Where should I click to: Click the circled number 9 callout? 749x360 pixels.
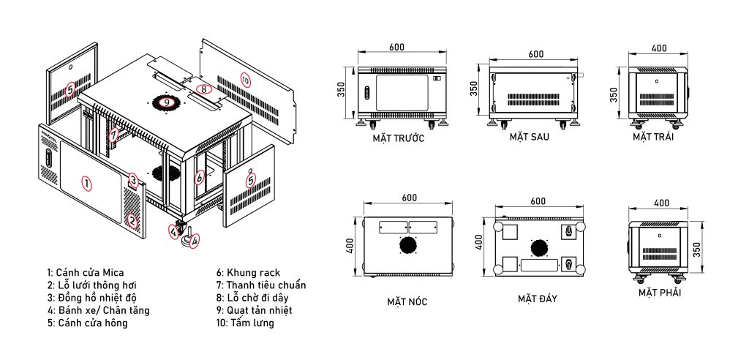166,102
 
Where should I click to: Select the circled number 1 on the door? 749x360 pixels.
86,183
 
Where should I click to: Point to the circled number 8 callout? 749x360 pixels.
204,89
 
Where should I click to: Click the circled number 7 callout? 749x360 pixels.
113,136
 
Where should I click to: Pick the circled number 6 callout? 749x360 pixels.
200,177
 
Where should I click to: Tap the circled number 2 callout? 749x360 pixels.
132,222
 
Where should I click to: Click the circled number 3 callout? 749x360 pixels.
134,181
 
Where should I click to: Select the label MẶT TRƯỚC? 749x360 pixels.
399,138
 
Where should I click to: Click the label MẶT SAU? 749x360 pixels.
530,137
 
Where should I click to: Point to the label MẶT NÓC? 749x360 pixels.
407,301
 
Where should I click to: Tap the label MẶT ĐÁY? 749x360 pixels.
538,299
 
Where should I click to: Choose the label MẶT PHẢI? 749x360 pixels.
660,293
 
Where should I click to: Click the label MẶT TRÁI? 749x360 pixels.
653,138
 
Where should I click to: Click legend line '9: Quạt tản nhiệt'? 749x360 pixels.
254,310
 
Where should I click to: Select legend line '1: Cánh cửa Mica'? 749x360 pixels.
86,273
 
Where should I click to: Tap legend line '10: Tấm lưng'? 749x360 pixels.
245,323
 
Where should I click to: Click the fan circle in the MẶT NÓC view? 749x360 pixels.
407,246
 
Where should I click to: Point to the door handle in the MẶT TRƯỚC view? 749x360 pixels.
367,92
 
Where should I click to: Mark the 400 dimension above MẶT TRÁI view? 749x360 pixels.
659,48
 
